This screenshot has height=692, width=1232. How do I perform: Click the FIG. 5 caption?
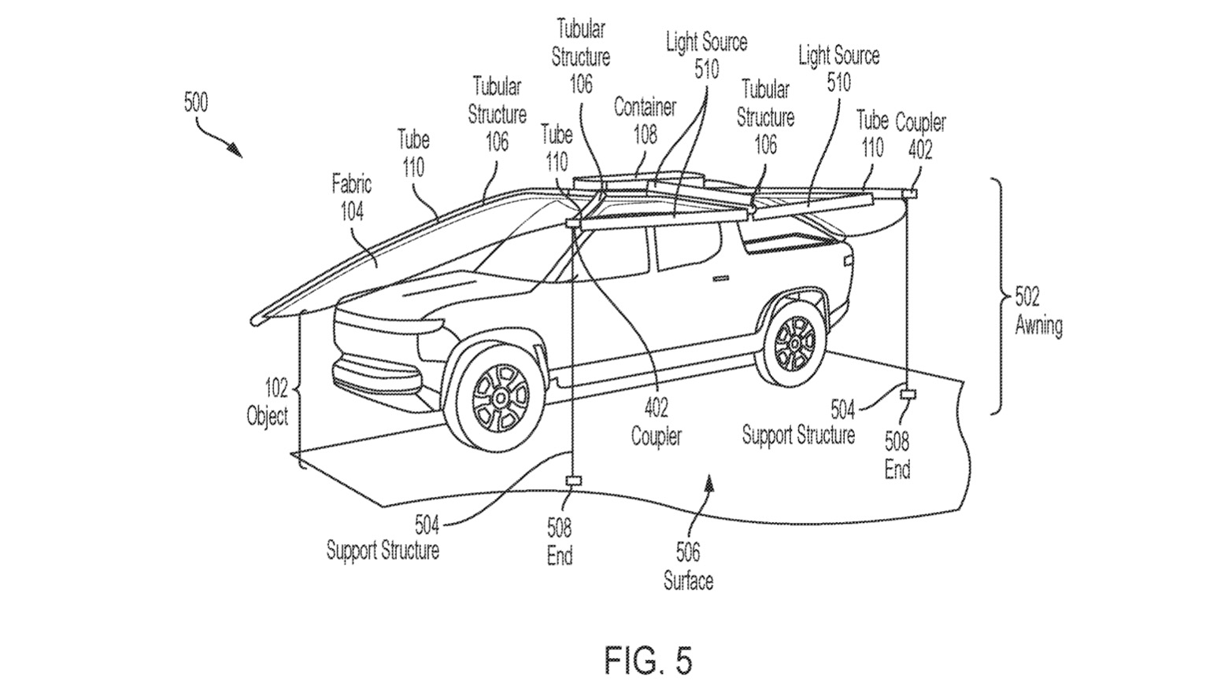649,660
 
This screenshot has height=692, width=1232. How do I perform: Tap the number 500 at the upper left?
196,103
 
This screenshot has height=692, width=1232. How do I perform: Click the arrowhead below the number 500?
235,150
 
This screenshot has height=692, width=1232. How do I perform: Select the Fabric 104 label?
352,197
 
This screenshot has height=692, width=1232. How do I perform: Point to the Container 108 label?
646,121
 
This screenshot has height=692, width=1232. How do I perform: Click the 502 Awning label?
1038,311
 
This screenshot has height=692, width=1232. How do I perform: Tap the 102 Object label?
268,403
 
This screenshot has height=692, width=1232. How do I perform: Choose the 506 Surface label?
688,566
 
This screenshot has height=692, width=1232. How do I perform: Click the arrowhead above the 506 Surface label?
709,483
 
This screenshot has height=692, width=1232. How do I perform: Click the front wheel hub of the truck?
501,396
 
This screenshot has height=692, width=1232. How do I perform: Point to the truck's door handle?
720,278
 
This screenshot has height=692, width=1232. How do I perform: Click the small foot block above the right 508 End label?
908,394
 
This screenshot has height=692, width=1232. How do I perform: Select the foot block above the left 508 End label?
573,481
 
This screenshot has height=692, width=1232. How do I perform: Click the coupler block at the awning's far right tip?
909,193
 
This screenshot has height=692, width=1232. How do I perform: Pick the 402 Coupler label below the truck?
657,423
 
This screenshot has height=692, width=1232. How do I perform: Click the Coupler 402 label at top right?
920,135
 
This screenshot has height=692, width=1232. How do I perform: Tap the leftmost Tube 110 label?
413,154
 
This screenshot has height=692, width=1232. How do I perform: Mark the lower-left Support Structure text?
383,550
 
